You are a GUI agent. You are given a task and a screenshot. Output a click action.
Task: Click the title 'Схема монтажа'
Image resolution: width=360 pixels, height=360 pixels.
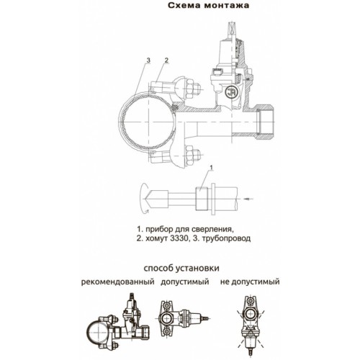click(x=208, y=6)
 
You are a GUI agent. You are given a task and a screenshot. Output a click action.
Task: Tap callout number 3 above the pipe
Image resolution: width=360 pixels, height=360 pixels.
click(x=148, y=60)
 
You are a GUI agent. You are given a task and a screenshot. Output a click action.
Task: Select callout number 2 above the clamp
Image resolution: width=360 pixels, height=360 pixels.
click(x=166, y=60)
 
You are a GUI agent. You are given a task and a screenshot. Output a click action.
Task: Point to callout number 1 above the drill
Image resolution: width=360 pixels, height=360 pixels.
click(x=212, y=168)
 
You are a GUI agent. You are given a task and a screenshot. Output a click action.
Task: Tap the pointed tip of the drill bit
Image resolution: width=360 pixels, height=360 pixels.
click(x=145, y=199)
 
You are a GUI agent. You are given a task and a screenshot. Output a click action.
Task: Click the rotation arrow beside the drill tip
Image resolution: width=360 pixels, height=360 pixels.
click(x=143, y=198)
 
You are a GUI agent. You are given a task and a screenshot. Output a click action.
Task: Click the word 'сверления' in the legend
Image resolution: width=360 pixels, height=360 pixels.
click(x=212, y=229)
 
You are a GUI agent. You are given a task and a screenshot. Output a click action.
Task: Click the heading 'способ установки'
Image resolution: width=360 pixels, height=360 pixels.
click(x=181, y=268)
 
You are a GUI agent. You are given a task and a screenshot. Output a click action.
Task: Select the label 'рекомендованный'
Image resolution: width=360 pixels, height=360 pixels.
click(x=117, y=282)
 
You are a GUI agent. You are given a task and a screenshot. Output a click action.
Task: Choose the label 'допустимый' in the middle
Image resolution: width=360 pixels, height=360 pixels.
click(x=185, y=282)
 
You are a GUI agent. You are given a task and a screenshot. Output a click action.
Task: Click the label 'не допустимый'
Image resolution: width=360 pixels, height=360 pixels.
click(x=250, y=282)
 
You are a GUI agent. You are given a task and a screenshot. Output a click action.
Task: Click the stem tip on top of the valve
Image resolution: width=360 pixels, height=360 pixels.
click(x=233, y=27)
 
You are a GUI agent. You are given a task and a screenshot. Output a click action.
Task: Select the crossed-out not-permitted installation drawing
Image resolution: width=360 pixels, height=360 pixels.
click(x=250, y=324)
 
